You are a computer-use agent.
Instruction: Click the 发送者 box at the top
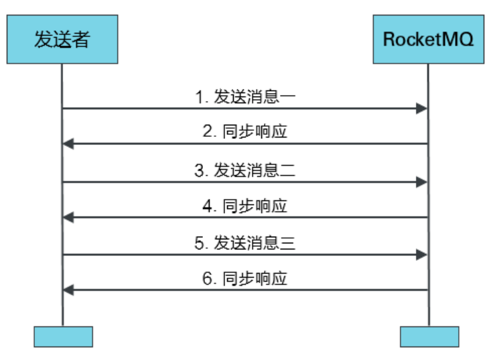[x=62, y=40]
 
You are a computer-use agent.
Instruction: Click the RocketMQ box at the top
[x=429, y=40]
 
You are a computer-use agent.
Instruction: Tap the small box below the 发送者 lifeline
[x=63, y=336]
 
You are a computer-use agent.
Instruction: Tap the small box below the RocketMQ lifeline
[x=429, y=336]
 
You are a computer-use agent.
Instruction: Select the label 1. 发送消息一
[x=245, y=97]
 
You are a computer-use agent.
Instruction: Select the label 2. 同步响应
[x=245, y=132]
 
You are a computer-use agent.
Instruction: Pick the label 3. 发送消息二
[x=245, y=170]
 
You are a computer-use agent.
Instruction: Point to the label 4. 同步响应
[x=245, y=206]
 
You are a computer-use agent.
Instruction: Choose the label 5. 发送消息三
[x=245, y=243]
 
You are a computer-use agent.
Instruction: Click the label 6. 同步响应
[x=245, y=279]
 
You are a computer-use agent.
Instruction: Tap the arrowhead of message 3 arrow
[x=422, y=182]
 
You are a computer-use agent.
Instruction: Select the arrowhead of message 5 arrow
[x=422, y=255]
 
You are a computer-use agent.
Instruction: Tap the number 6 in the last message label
[x=208, y=279]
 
